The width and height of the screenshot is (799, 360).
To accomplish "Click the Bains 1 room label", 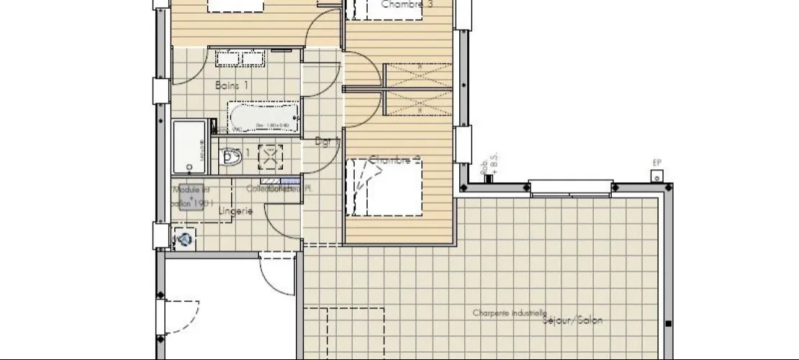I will (x=232, y=85).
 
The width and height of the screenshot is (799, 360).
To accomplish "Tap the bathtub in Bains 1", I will (x=263, y=117).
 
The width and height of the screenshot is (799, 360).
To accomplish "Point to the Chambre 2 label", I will (x=394, y=160).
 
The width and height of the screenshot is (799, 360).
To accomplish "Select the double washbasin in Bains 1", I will (x=241, y=58).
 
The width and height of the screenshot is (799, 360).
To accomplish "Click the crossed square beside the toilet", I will (x=271, y=156).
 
